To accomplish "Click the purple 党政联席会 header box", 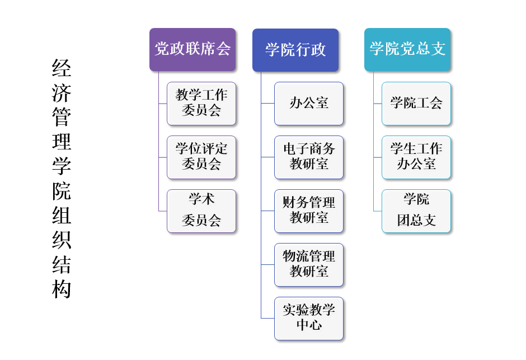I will coord(192,49).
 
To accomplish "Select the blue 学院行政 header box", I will coord(295,50).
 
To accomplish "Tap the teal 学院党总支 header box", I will coord(407,49).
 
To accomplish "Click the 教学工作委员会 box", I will coord(201,103).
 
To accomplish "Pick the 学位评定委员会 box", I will coord(201,157).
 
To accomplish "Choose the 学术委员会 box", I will coord(201,211).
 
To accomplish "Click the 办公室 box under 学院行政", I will coord(309,103).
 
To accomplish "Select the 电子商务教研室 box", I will coord(309,157).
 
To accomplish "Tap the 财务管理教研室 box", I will coord(309,211).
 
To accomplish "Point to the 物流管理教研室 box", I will coord(309,264).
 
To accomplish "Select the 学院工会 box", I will coord(416,103).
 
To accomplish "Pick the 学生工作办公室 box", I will coord(416,157).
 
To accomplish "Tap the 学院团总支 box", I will coord(416,211).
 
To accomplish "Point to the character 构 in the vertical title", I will coord(62,289).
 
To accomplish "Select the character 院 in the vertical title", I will coord(62,191).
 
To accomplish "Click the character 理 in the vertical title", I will coord(62,142).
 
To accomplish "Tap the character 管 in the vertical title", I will coord(62,118).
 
